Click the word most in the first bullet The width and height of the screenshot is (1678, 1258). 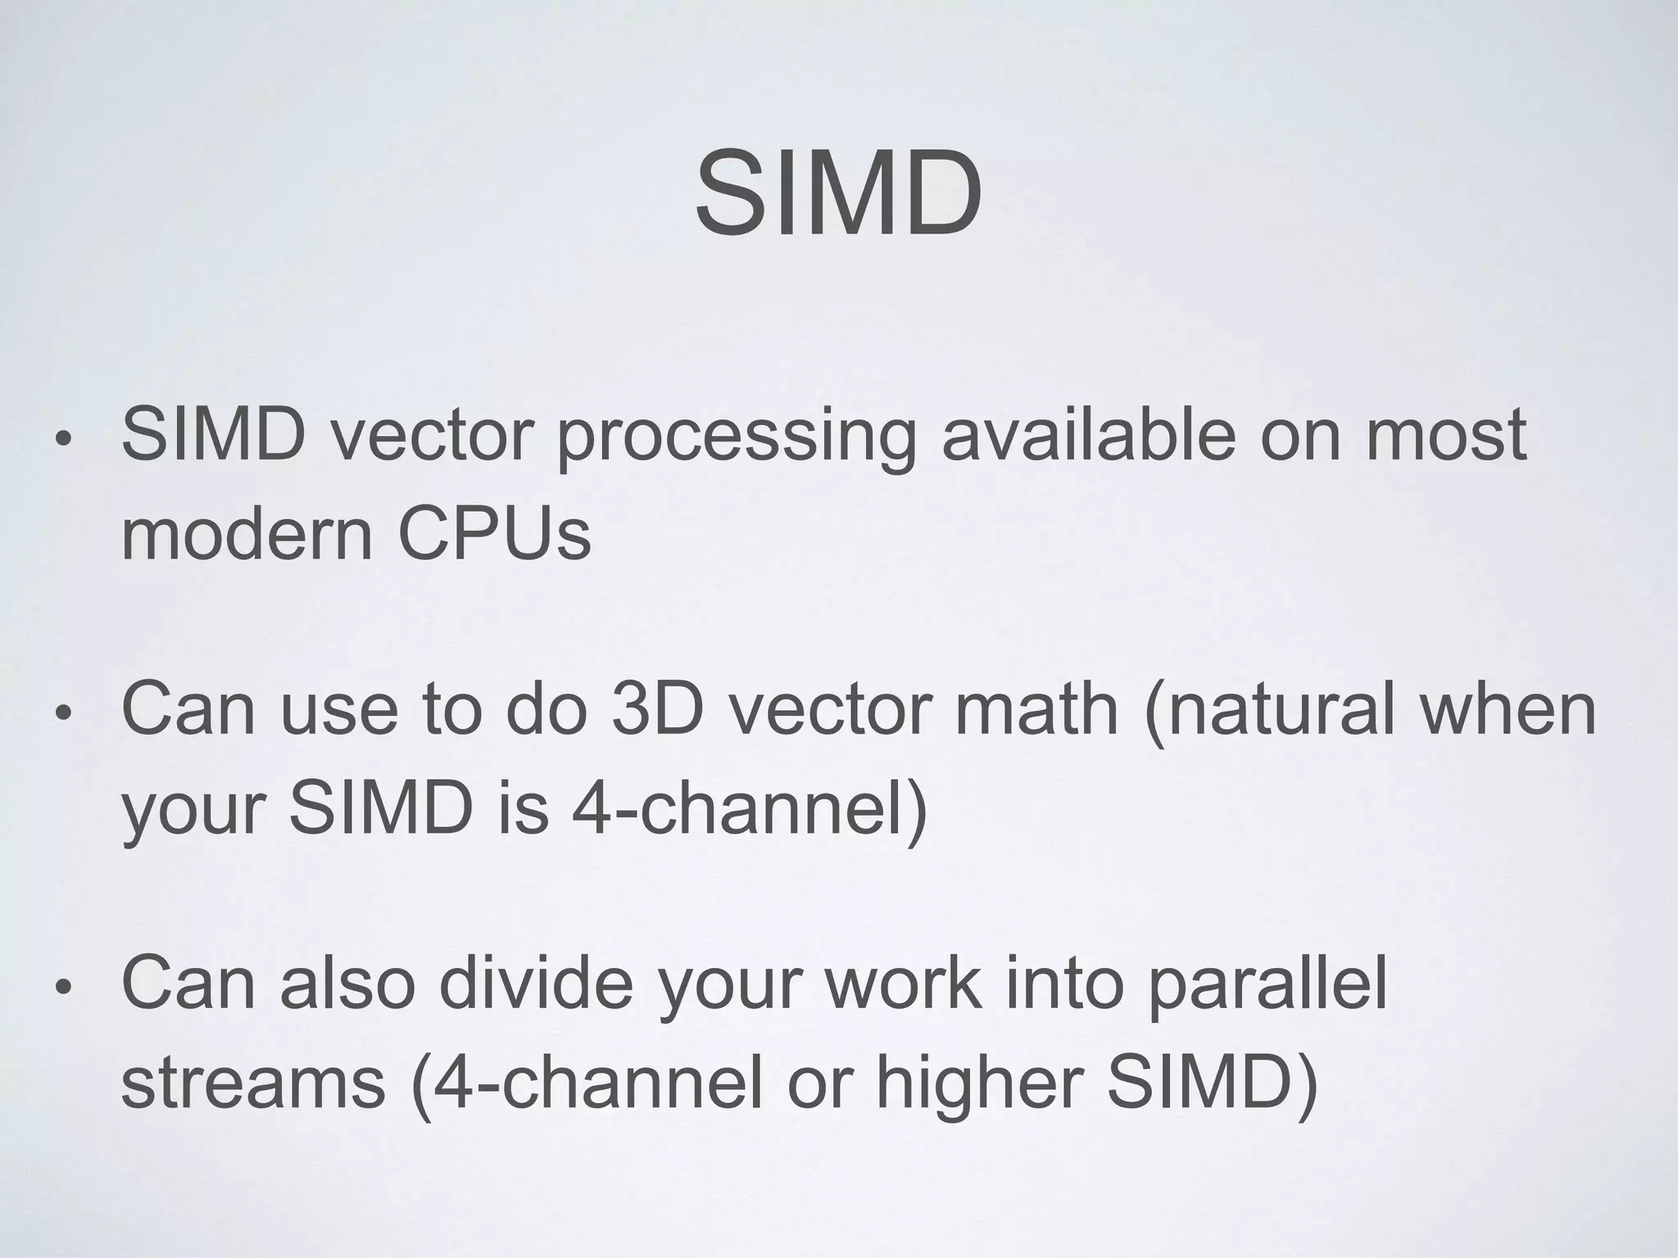point(1445,436)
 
